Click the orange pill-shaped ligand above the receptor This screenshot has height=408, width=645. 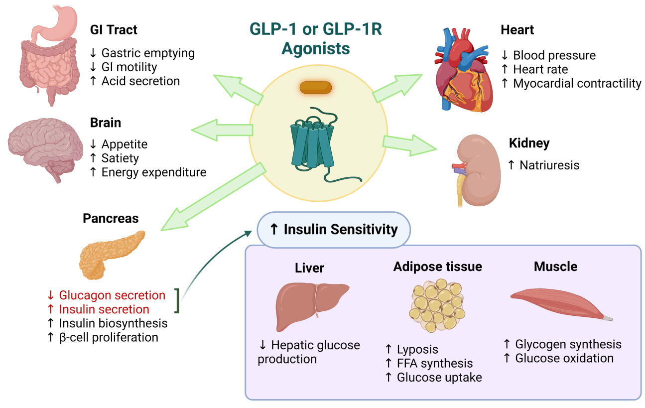315,87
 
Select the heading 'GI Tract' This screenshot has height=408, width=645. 114,30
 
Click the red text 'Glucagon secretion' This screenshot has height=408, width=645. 112,295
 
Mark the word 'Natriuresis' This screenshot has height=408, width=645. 549,165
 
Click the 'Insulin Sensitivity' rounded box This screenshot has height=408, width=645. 333,230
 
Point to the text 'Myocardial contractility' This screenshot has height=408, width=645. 577,84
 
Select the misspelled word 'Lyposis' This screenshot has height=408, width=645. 417,349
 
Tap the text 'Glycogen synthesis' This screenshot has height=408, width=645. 568,344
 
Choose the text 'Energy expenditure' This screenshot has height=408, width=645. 153,172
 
